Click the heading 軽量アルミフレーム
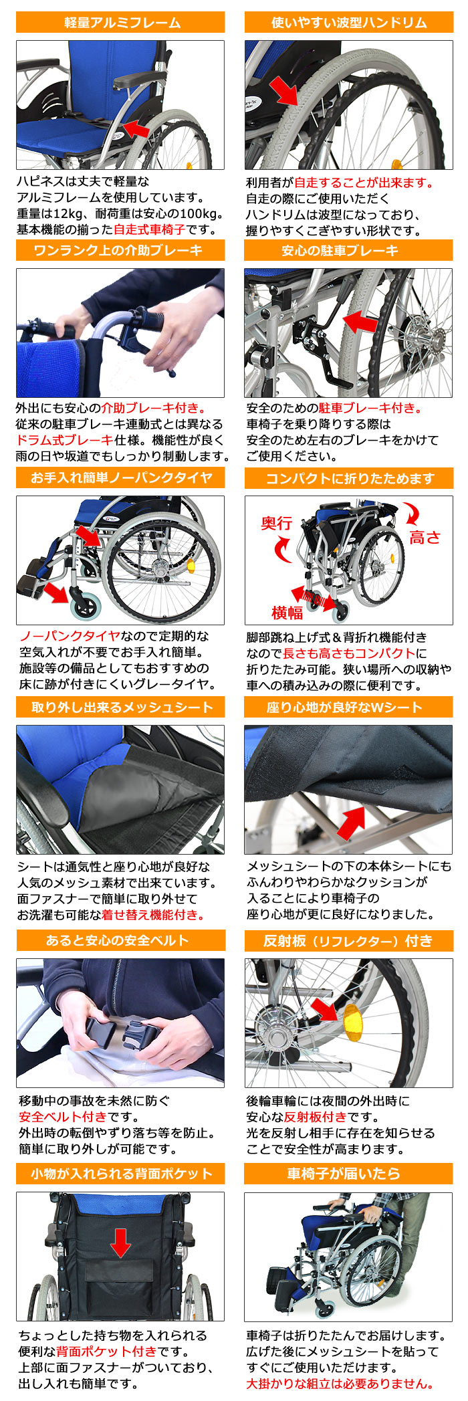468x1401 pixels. pyautogui.click(x=121, y=22)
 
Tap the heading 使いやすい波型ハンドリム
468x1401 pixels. pyautogui.click(x=348, y=22)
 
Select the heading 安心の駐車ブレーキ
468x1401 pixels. pyautogui.click(x=348, y=250)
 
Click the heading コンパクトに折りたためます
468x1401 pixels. pyautogui.click(x=348, y=478)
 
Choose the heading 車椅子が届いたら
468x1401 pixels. pyautogui.click(x=348, y=1173)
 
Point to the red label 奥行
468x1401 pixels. pyautogui.click(x=276, y=523)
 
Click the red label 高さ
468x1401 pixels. pyautogui.click(x=425, y=537)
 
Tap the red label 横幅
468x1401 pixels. pyautogui.click(x=287, y=612)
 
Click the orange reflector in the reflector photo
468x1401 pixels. pyautogui.click(x=351, y=1025)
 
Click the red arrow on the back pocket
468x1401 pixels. pyautogui.click(x=120, y=1243)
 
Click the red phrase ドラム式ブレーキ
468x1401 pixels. pyautogui.click(x=64, y=439)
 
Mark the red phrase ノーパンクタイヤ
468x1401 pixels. pyautogui.click(x=70, y=635)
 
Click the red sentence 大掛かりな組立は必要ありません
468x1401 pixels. pyautogui.click(x=340, y=1384)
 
